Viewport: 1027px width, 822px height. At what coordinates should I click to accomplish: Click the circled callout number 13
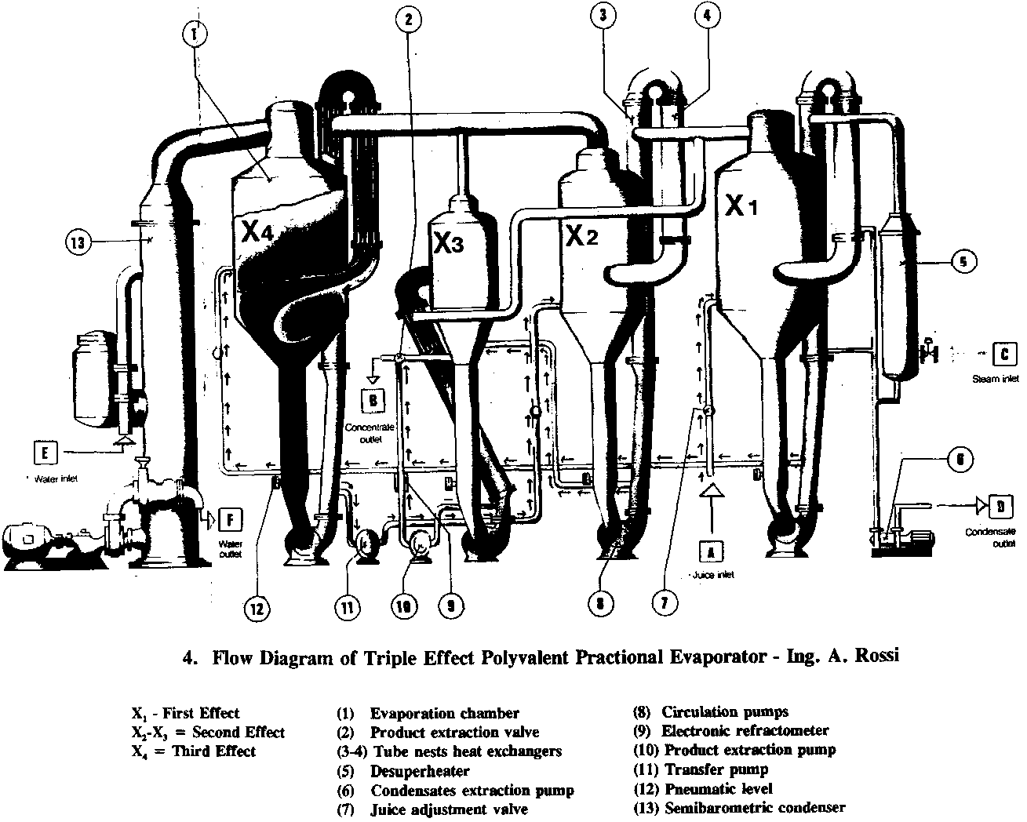click(x=78, y=242)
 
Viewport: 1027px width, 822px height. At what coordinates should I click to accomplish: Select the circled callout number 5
click(x=965, y=261)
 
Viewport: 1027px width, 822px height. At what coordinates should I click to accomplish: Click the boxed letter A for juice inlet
click(x=711, y=551)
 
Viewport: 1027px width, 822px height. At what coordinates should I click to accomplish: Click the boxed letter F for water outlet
click(x=230, y=519)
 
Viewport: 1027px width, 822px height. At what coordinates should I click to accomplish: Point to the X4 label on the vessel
click(x=258, y=232)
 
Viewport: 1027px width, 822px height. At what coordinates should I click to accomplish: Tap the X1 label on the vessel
click(x=741, y=206)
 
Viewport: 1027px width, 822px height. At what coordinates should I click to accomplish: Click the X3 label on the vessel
click(x=449, y=245)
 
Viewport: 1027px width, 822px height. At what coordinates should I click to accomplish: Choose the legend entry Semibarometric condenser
click(x=743, y=807)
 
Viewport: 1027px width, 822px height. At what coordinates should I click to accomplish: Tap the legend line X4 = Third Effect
click(x=194, y=751)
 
